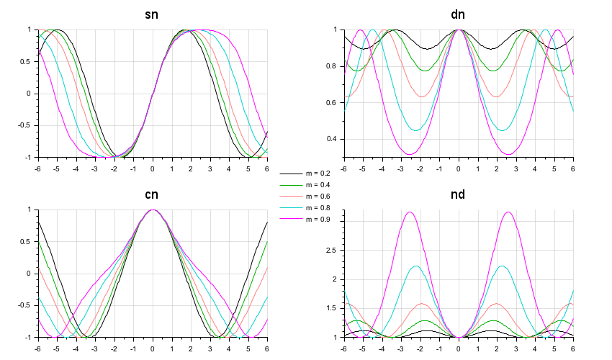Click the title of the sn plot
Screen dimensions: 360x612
(x=152, y=14)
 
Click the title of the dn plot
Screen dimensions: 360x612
(x=458, y=14)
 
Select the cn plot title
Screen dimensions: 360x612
(x=152, y=194)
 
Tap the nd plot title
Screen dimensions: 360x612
(x=458, y=194)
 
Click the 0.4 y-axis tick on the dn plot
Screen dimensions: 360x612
(x=333, y=139)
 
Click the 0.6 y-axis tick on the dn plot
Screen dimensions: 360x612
(x=333, y=102)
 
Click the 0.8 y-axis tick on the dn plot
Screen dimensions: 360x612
(x=333, y=66)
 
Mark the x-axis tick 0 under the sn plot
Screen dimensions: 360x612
(x=152, y=168)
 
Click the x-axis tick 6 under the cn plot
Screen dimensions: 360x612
(x=267, y=348)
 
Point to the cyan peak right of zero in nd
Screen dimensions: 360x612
(x=502, y=266)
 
